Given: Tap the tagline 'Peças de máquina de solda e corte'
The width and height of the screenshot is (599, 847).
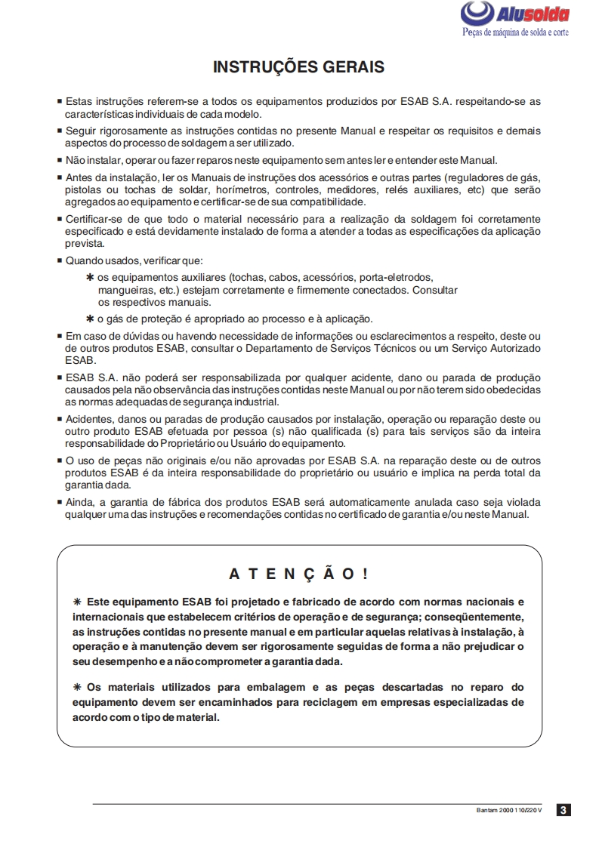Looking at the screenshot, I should [x=515, y=32].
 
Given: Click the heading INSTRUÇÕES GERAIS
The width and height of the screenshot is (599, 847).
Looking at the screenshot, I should [x=298, y=67].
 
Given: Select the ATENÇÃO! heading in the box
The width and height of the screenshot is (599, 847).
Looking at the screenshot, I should [x=298, y=574].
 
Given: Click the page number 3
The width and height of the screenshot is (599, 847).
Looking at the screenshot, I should [x=563, y=811].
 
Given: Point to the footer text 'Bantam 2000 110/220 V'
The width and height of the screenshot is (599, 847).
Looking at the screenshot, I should [x=509, y=811].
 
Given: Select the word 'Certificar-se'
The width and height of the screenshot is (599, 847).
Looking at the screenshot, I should [x=95, y=219].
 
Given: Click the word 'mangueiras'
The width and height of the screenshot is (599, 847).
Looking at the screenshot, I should [x=123, y=289].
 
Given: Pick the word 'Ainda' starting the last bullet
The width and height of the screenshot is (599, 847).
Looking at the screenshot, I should [x=80, y=502].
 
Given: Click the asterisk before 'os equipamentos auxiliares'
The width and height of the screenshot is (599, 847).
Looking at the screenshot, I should [x=90, y=277].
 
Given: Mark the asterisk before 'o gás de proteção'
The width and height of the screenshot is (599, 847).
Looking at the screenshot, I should [x=90, y=318].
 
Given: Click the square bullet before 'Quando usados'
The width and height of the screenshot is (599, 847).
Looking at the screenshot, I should [x=60, y=261].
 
